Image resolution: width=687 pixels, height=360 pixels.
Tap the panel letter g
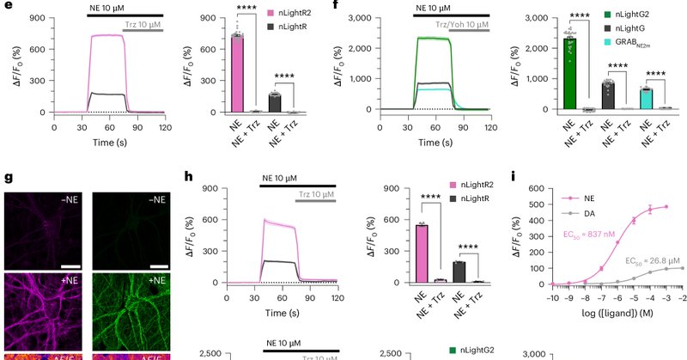(x=8, y=180)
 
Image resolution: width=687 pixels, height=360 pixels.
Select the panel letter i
(x=513, y=179)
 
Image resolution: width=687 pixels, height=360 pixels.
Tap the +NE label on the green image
(x=159, y=282)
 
